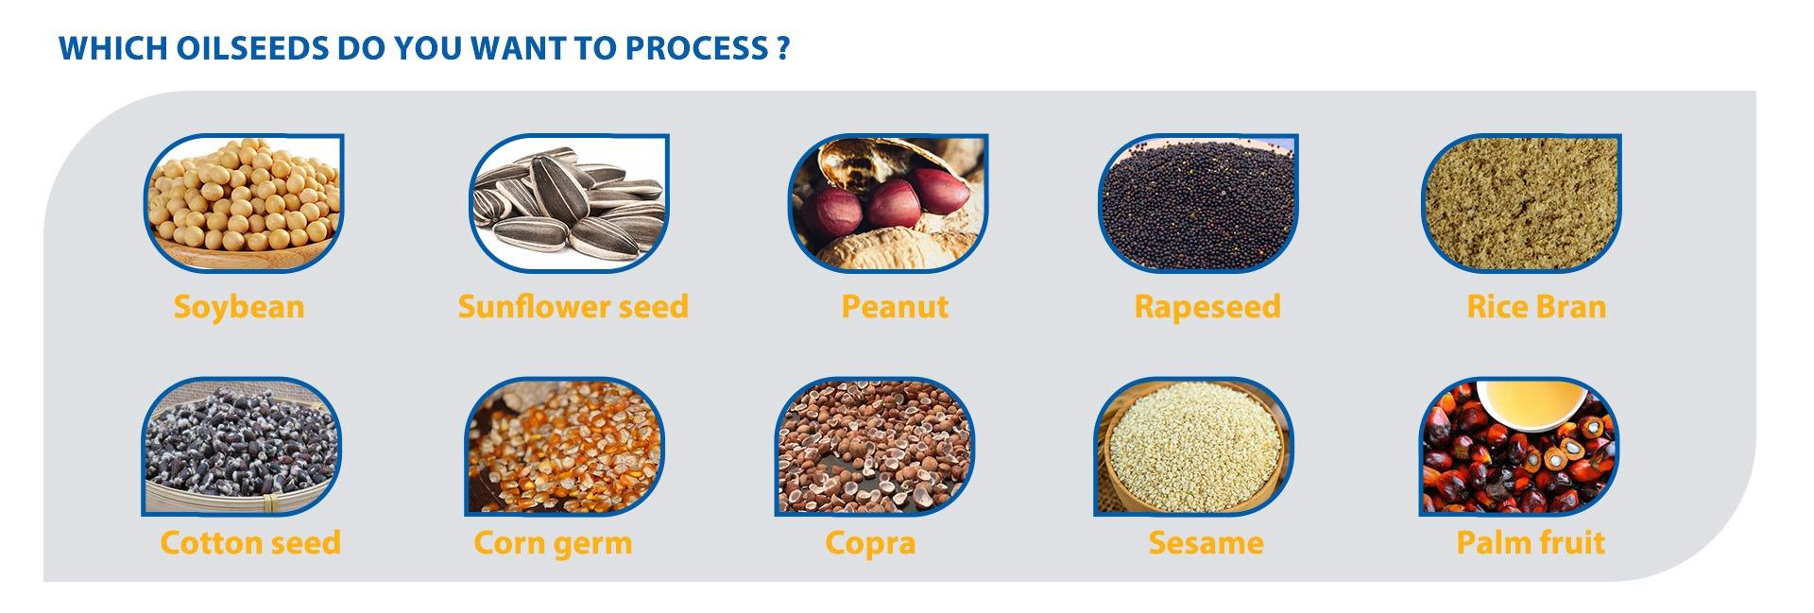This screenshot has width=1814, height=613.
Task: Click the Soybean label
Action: (x=239, y=307)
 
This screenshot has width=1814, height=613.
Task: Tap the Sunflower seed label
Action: (x=573, y=307)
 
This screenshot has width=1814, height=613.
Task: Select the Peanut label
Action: (x=895, y=307)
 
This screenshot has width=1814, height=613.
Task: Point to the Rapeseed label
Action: (x=1207, y=308)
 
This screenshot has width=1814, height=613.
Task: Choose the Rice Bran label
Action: (x=1536, y=307)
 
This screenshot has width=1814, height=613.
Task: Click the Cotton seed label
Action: (x=250, y=543)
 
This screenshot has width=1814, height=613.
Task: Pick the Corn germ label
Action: (x=553, y=544)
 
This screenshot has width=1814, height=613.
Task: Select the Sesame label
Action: (x=1206, y=543)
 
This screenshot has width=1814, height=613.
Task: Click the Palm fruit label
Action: (x=1531, y=543)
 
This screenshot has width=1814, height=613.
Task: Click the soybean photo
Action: (x=244, y=203)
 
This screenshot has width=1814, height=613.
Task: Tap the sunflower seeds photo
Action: (x=570, y=203)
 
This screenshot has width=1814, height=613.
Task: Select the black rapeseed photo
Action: (x=1198, y=203)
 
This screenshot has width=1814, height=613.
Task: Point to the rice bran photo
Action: (x=1521, y=203)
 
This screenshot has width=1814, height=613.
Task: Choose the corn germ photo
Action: (x=564, y=447)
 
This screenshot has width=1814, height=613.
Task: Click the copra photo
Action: (x=875, y=447)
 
